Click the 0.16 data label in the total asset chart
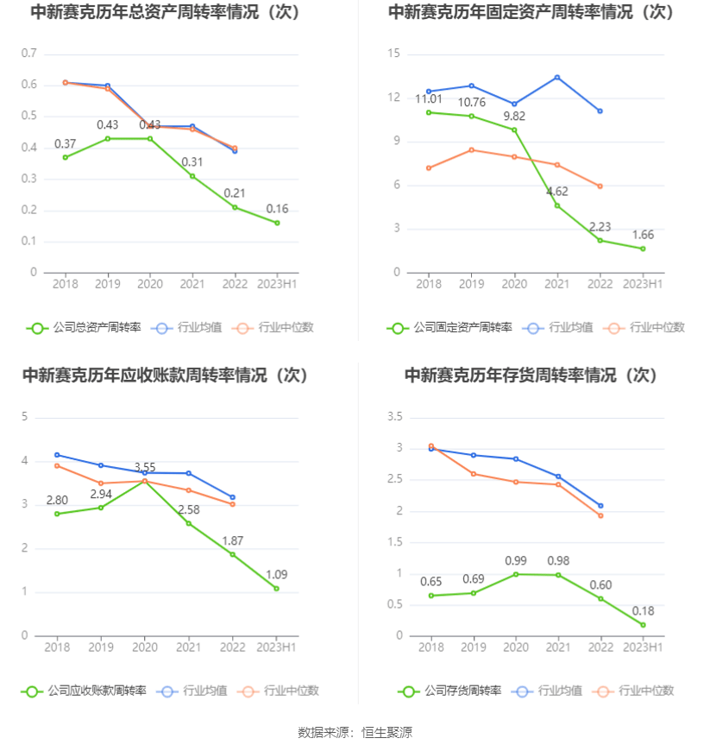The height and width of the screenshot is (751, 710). click(x=278, y=209)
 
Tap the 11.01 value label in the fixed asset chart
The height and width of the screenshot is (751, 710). click(x=429, y=99)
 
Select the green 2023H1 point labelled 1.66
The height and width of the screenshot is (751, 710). click(x=643, y=249)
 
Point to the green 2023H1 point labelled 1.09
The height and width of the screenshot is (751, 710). click(x=277, y=589)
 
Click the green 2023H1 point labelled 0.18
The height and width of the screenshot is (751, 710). click(x=643, y=625)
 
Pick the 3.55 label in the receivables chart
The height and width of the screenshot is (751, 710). click(x=145, y=467)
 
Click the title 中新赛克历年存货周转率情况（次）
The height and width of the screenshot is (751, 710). click(x=531, y=375)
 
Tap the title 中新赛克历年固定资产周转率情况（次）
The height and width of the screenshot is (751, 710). click(x=531, y=12)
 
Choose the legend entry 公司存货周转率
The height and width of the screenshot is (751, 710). click(x=449, y=691)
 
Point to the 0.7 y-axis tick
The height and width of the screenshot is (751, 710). click(x=29, y=54)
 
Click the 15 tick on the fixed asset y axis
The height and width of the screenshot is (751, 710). click(x=395, y=54)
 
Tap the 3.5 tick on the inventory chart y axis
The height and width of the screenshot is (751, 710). click(x=395, y=417)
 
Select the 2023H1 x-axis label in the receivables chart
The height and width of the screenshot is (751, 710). click(x=277, y=647)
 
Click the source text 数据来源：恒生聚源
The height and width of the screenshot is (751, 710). click(x=355, y=732)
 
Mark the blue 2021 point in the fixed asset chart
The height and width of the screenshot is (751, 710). click(x=557, y=78)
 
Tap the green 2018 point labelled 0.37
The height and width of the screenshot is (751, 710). click(x=65, y=157)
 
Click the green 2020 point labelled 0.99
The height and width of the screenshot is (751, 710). click(x=515, y=574)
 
